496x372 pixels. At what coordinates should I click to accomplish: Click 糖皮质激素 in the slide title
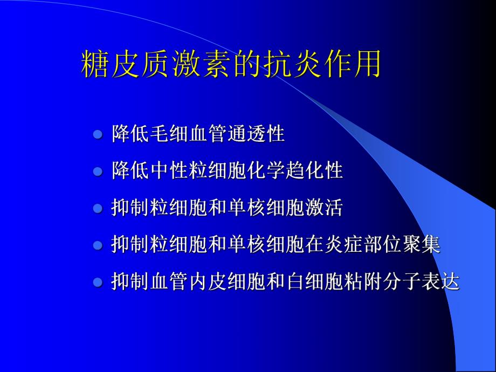tap(157, 65)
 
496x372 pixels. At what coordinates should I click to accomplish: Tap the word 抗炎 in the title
tap(292, 65)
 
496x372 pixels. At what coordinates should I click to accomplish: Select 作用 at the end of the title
tap(352, 65)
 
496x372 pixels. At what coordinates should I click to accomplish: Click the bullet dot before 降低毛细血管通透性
tap(98, 134)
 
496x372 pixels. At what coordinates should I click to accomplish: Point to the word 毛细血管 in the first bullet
tap(189, 134)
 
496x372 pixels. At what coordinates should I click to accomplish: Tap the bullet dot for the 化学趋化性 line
tap(98, 171)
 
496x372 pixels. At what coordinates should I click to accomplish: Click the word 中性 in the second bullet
tap(169, 171)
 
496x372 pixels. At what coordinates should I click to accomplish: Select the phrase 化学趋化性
tap(295, 171)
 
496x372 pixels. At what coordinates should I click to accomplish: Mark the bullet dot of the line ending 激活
tap(98, 209)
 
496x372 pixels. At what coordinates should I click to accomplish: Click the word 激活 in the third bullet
tap(323, 208)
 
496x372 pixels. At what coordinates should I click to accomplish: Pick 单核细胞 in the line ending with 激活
tap(266, 208)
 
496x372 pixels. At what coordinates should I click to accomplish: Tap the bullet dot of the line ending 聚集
tap(98, 246)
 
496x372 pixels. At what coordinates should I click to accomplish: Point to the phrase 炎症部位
tap(363, 245)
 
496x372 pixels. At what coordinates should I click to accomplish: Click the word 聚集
tap(422, 245)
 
